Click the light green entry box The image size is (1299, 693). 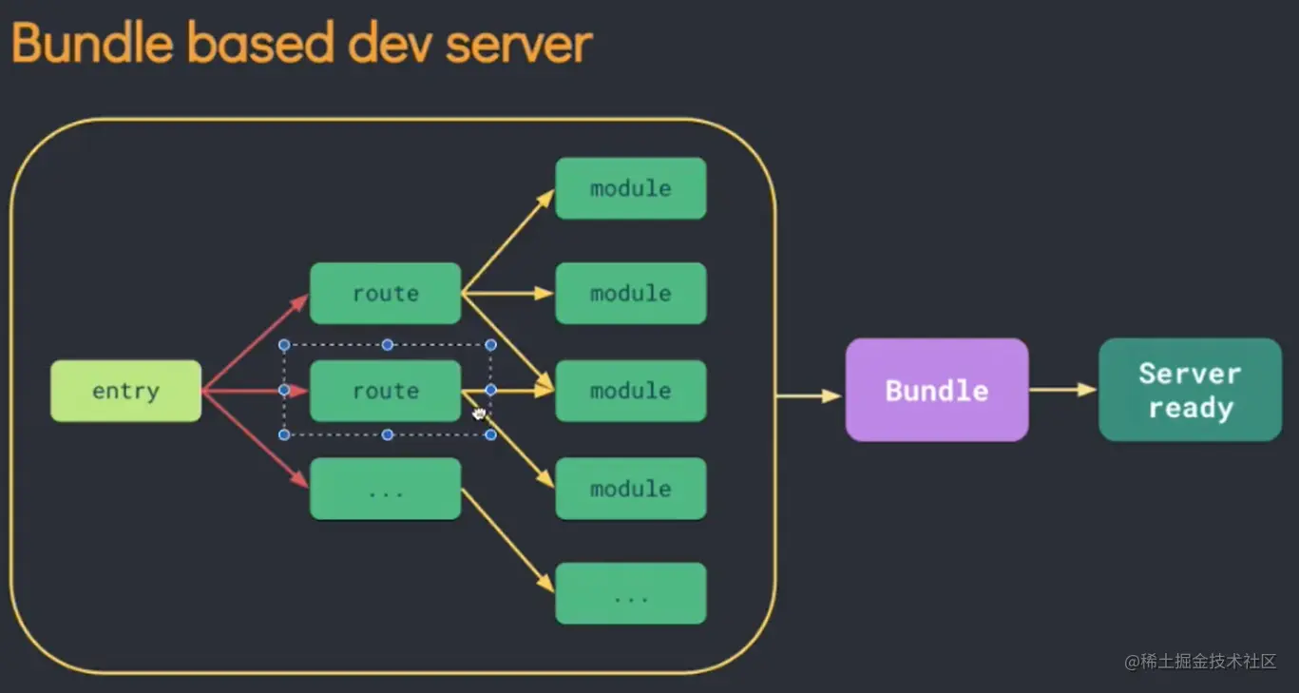click(125, 391)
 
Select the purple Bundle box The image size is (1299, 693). click(937, 390)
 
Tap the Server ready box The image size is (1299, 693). click(1190, 390)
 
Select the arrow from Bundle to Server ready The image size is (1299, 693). click(1062, 390)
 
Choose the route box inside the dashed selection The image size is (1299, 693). click(385, 391)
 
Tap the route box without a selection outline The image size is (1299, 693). click(385, 294)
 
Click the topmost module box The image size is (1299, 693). click(630, 188)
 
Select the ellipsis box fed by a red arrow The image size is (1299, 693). click(385, 490)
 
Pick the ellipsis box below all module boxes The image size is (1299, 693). click(630, 594)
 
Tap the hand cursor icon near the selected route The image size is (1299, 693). click(479, 413)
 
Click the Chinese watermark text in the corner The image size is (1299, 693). click(1199, 662)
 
